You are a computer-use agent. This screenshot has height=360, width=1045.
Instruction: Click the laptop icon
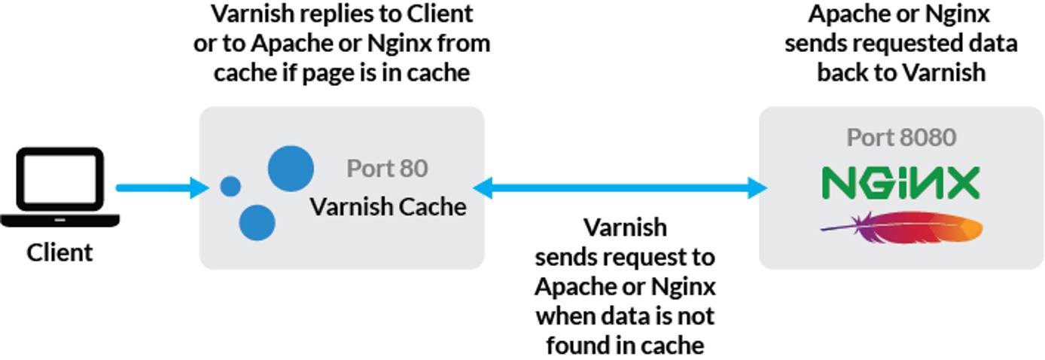pyautogui.click(x=59, y=185)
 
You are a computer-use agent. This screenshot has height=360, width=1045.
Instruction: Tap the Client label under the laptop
pyautogui.click(x=59, y=252)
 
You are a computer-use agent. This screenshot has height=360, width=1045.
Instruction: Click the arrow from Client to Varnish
pyautogui.click(x=161, y=187)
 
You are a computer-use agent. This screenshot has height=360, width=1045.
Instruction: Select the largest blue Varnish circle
pyautogui.click(x=291, y=168)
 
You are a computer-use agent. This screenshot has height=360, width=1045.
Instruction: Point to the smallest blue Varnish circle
pyautogui.click(x=230, y=186)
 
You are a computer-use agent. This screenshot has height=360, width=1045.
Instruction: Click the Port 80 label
pyautogui.click(x=387, y=168)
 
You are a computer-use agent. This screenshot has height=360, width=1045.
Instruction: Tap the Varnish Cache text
pyautogui.click(x=388, y=206)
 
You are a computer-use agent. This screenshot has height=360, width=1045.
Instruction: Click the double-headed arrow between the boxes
pyautogui.click(x=621, y=187)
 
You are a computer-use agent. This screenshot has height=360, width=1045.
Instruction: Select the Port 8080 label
pyautogui.click(x=901, y=137)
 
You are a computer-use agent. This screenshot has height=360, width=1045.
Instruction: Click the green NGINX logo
pyautogui.click(x=900, y=183)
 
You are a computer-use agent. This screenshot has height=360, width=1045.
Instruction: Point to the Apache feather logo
pyautogui.click(x=901, y=227)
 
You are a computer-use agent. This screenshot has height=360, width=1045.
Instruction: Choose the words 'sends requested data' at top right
pyautogui.click(x=901, y=43)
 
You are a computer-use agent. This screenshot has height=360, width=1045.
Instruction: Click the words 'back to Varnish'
pyautogui.click(x=901, y=72)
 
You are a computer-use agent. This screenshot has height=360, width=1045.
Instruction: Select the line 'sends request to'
pyautogui.click(x=625, y=257)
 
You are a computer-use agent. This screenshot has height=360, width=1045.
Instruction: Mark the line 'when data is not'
pyautogui.click(x=625, y=316)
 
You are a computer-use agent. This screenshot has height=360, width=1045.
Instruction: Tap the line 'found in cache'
pyautogui.click(x=625, y=345)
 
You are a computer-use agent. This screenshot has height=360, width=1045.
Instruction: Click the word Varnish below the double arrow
pyautogui.click(x=625, y=227)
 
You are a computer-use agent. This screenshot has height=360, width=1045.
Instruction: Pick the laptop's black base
pyautogui.click(x=59, y=221)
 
